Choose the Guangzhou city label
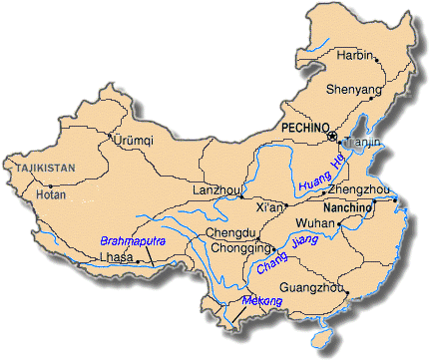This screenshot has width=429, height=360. pyautogui.click(x=312, y=288)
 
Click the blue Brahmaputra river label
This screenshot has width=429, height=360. pyautogui.click(x=132, y=240)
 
